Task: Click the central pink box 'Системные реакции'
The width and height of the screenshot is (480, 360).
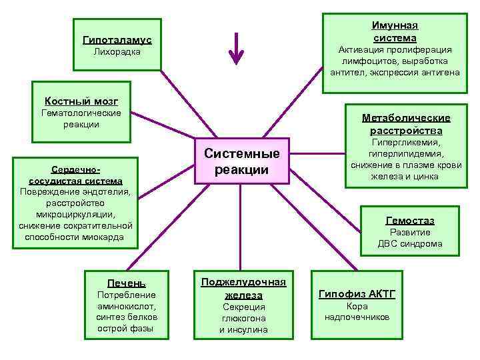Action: click(x=241, y=161)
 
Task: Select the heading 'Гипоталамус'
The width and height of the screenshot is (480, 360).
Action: click(x=117, y=40)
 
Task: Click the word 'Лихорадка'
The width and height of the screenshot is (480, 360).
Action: click(x=117, y=51)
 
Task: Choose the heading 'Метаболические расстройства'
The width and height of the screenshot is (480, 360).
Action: click(x=406, y=124)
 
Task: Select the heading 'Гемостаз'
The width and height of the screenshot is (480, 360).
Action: click(x=409, y=221)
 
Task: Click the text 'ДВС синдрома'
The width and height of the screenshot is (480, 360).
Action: click(x=409, y=243)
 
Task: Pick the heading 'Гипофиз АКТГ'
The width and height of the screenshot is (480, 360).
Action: click(x=357, y=294)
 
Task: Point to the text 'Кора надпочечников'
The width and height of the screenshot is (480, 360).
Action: click(x=357, y=311)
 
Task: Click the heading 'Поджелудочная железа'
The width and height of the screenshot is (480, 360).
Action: click(x=243, y=288)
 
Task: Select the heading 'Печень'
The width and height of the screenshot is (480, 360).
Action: click(x=126, y=283)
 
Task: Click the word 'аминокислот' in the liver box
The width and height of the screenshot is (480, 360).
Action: click(x=126, y=306)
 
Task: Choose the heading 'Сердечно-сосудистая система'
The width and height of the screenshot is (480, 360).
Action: click(x=75, y=175)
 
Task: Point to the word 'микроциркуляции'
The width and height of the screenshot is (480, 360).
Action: click(x=75, y=214)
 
